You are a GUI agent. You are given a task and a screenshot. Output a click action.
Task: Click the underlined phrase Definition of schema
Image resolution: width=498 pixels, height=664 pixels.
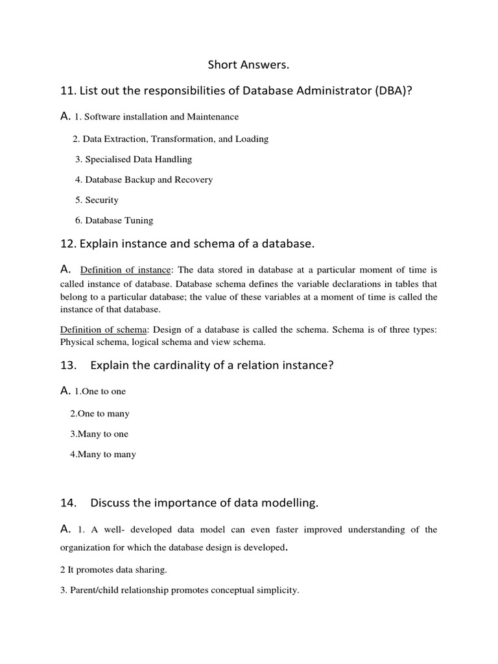point(104,330)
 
